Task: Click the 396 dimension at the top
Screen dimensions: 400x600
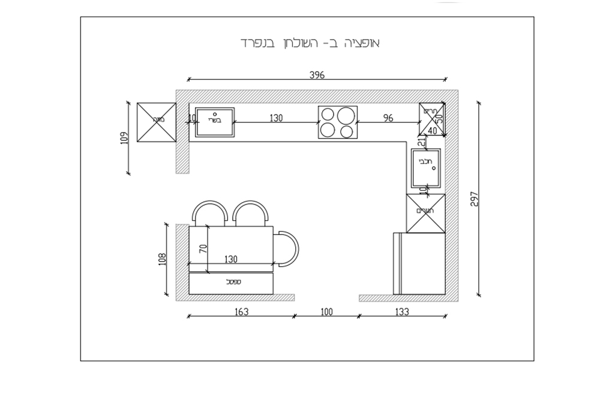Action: coord(317,75)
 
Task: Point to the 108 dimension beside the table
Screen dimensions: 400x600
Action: coord(161,259)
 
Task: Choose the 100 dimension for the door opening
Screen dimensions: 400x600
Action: coord(326,312)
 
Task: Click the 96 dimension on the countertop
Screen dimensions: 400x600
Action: coord(388,118)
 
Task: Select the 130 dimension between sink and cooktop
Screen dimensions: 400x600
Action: coord(275,118)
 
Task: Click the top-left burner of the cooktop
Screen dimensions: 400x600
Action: coord(328,114)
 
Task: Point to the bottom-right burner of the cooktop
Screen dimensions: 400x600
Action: coord(347,131)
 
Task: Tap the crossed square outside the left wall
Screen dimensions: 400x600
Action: coord(157,122)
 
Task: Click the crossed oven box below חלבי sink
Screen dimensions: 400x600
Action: coord(426,213)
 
